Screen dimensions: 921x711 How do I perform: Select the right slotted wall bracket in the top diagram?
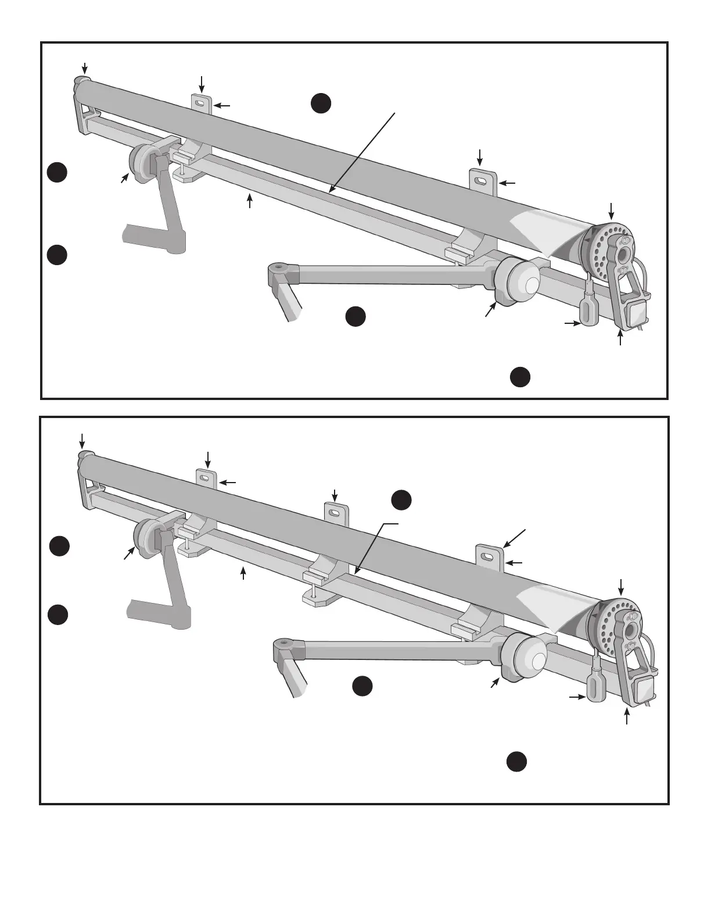point(484,181)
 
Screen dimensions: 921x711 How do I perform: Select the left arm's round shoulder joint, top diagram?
point(142,163)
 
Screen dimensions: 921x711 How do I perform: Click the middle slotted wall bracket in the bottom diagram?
point(336,514)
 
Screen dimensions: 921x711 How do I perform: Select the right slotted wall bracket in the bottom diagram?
point(489,556)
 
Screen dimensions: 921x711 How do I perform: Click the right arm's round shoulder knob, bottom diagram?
point(526,657)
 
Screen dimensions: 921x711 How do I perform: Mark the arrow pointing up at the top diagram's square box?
point(621,337)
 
